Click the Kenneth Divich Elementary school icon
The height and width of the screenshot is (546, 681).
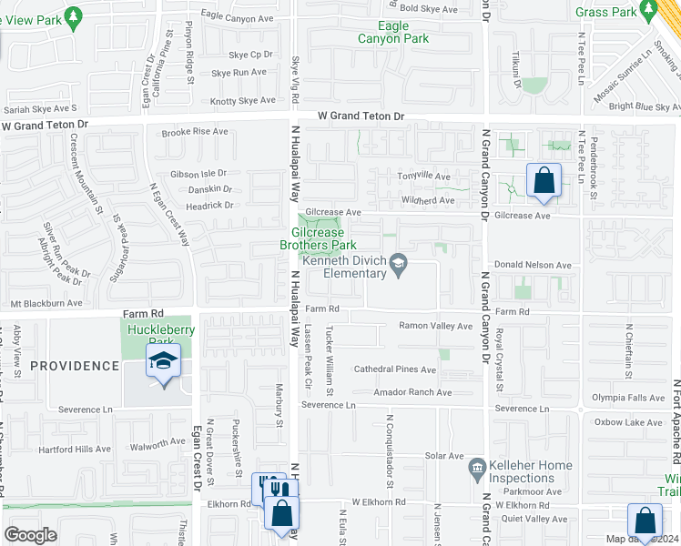pos(398,264)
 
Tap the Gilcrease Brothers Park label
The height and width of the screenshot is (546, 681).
pos(317,238)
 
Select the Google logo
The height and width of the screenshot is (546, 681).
pos(31,534)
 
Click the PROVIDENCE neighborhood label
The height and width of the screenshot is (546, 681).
pos(75,366)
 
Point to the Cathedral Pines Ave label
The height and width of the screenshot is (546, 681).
pos(395,369)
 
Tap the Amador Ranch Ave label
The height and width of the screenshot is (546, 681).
pos(412,392)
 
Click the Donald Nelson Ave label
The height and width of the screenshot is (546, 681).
pos(533,265)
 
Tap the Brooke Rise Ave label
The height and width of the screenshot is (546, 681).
pos(195,132)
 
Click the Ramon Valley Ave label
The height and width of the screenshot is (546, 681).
pos(436,325)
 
